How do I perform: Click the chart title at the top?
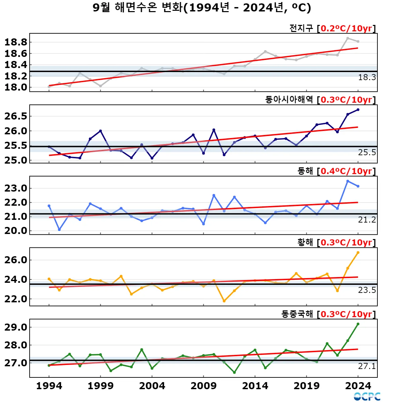click(202, 7)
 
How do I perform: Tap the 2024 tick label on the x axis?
click(358, 386)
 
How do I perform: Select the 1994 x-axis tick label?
click(49, 386)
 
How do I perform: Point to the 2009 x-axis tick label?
click(203, 386)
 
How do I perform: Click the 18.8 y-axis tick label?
click(16, 42)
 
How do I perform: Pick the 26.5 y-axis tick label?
click(16, 116)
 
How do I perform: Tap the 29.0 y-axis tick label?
click(16, 327)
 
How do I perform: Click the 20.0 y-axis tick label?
click(16, 231)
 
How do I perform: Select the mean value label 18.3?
click(367, 77)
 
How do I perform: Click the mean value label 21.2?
click(367, 220)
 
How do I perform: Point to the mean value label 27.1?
click(367, 366)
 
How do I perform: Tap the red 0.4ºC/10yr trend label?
click(346, 171)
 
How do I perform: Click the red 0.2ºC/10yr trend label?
click(346, 28)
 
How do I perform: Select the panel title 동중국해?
click(297, 314)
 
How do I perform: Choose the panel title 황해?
click(305, 242)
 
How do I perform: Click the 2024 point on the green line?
click(358, 324)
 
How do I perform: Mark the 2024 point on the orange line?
click(358, 252)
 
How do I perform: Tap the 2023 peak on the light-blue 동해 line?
click(348, 181)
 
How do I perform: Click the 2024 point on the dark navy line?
click(358, 109)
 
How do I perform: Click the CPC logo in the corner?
click(367, 397)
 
